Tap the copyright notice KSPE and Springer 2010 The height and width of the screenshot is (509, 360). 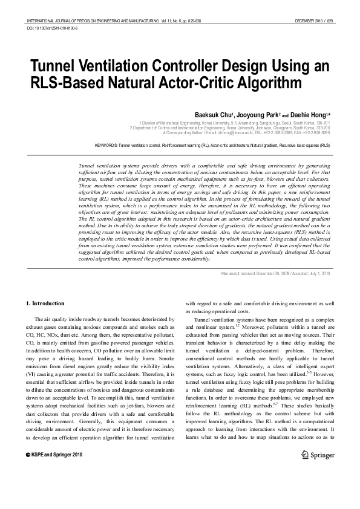[x=54, y=471]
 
